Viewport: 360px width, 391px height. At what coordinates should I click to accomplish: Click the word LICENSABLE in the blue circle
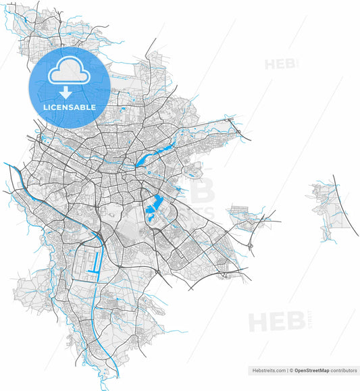[x=70, y=107]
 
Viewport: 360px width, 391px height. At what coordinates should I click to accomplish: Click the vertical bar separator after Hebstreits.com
[x=286, y=371]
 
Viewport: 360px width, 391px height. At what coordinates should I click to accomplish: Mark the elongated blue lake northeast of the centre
[x=145, y=159]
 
